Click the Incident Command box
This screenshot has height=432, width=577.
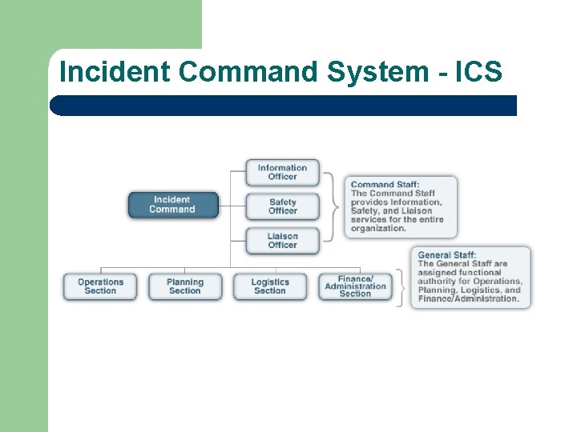pos(172,205)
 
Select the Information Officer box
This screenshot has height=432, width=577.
pos(282,173)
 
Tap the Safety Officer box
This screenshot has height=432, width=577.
pos(282,206)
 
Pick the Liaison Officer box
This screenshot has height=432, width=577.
pos(282,241)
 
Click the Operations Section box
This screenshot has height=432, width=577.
pos(100,286)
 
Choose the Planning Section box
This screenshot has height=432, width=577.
pos(185,286)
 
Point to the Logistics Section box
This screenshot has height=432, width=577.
pos(270,286)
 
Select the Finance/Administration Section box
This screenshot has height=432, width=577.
pos(355,286)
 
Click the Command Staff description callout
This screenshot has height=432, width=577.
pos(401,206)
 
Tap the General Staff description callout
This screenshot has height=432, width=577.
pos(470,277)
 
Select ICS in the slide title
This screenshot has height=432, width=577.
pos(478,72)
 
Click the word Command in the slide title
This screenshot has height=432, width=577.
pos(248,72)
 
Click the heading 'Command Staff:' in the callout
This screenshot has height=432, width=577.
pos(385,185)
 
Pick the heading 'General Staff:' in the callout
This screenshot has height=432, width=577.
pos(446,255)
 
